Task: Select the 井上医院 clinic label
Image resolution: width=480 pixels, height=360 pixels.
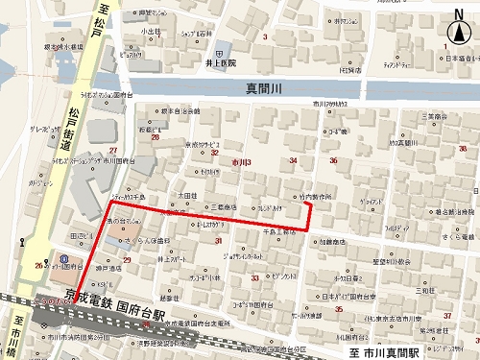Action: click(x=220, y=63)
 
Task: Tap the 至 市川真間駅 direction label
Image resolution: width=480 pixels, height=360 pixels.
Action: click(x=381, y=353)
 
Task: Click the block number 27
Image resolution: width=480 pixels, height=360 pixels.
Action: click(x=114, y=152)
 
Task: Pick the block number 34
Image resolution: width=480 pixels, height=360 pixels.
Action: click(x=294, y=161)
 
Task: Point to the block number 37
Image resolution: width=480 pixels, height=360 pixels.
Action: click(x=447, y=316)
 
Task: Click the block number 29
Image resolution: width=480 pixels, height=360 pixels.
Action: click(x=127, y=260)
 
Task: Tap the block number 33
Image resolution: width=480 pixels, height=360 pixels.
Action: click(x=254, y=277)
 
